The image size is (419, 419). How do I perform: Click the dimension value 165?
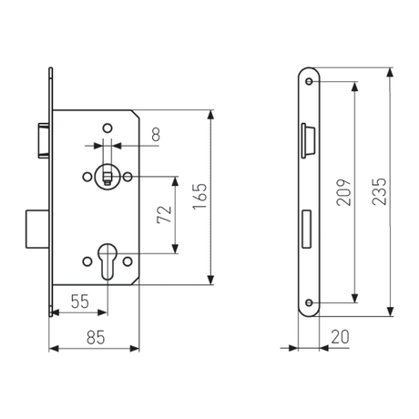[199, 196]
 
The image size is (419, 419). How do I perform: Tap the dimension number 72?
[164, 215]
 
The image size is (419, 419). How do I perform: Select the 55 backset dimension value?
[80, 301]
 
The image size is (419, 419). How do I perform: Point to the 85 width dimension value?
[96, 337]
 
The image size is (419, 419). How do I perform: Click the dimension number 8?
[156, 134]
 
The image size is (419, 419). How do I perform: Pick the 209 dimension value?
[343, 192]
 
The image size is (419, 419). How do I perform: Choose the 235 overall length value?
[379, 191]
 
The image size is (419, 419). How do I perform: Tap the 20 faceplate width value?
[340, 337]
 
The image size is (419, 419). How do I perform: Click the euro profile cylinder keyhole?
[107, 261]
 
